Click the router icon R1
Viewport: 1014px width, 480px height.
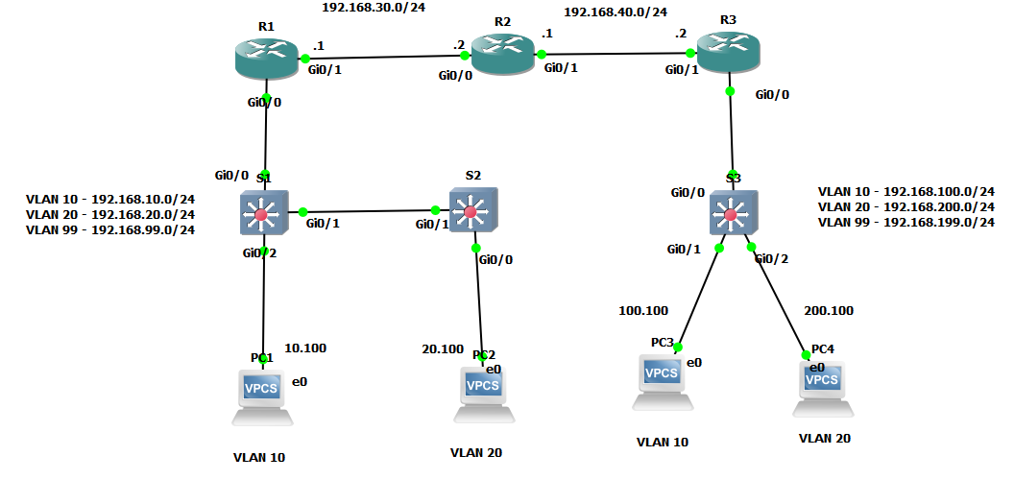264,60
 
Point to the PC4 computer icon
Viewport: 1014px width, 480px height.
822,387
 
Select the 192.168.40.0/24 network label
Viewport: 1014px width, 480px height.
615,12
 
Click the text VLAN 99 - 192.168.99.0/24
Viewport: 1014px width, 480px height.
110,229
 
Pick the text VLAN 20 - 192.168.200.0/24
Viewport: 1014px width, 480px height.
905,206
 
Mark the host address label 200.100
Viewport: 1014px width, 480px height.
829,310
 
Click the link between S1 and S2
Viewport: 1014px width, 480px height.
369,211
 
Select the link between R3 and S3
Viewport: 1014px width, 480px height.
732,134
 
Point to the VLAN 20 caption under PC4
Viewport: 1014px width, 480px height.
824,438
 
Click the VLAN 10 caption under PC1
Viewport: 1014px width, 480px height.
259,457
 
